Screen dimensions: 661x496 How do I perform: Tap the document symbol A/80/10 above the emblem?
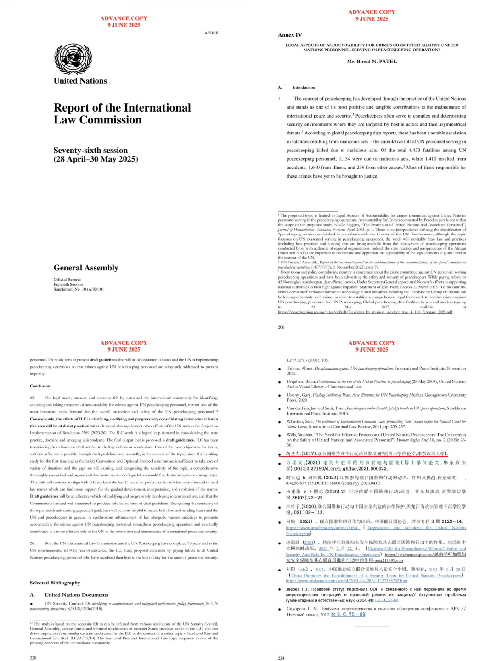211,33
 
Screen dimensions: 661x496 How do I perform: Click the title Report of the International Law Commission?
122,113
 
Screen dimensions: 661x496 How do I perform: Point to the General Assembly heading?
86,268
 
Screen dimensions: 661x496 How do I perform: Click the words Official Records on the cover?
68,280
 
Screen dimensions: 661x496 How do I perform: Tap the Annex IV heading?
290,35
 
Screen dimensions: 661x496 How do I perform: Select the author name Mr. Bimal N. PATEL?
372,62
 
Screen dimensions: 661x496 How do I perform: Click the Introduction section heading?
304,87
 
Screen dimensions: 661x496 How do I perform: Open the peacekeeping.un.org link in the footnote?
365,312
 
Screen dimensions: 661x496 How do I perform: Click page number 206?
281,327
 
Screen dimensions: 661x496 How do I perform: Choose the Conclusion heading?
40,386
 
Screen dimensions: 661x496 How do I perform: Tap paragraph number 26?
33,543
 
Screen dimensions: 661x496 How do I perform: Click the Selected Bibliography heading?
55,583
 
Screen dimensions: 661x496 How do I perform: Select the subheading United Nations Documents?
76,595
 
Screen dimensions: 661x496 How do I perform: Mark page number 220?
33,658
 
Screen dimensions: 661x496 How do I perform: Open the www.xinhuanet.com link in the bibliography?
346,581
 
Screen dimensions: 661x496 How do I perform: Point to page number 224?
281,658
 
